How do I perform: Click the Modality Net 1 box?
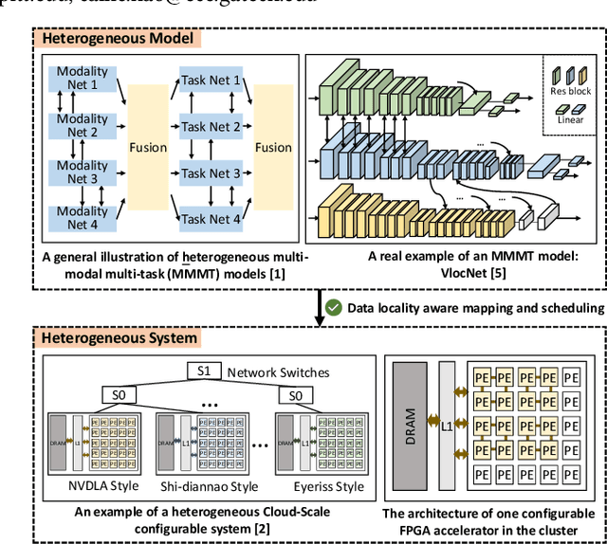click(x=83, y=79)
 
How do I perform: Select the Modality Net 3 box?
click(x=83, y=172)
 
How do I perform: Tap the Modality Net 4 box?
click(x=83, y=218)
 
